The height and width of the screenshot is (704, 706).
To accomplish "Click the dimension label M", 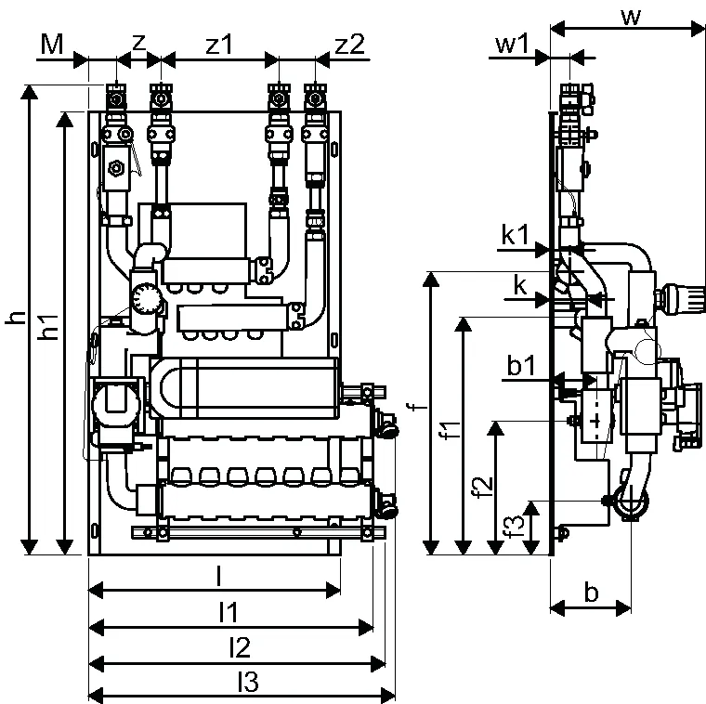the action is pos(52,45).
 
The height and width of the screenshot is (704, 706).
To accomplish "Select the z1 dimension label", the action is pos(219,45).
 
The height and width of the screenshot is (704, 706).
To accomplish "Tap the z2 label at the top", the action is pos(350,45).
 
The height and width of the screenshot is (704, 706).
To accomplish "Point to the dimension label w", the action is pos(631,17).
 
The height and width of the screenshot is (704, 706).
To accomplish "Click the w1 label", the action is pos(512,45).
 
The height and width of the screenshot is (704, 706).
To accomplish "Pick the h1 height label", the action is pos(50,326).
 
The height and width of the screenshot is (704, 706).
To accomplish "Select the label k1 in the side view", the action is pos(516,235).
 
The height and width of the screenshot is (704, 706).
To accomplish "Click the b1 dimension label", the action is pos(521,365).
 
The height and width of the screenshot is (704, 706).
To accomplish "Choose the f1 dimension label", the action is pos(451,430).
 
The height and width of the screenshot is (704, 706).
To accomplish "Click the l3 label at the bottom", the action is pos(248,683).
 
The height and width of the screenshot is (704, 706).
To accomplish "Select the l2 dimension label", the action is pos(240,647).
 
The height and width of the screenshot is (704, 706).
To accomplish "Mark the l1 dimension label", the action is pos(229,612).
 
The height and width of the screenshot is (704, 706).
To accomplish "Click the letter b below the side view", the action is pos(591,593).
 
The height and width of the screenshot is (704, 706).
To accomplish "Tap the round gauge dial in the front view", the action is pos(146,298).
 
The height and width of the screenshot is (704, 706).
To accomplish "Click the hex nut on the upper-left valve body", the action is pos(117,168).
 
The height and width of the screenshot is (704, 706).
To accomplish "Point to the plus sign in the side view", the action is pos(595,422).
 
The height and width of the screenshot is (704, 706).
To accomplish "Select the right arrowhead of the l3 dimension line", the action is pos(388,694).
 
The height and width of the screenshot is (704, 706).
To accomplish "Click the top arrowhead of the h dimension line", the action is pos(30,92).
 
